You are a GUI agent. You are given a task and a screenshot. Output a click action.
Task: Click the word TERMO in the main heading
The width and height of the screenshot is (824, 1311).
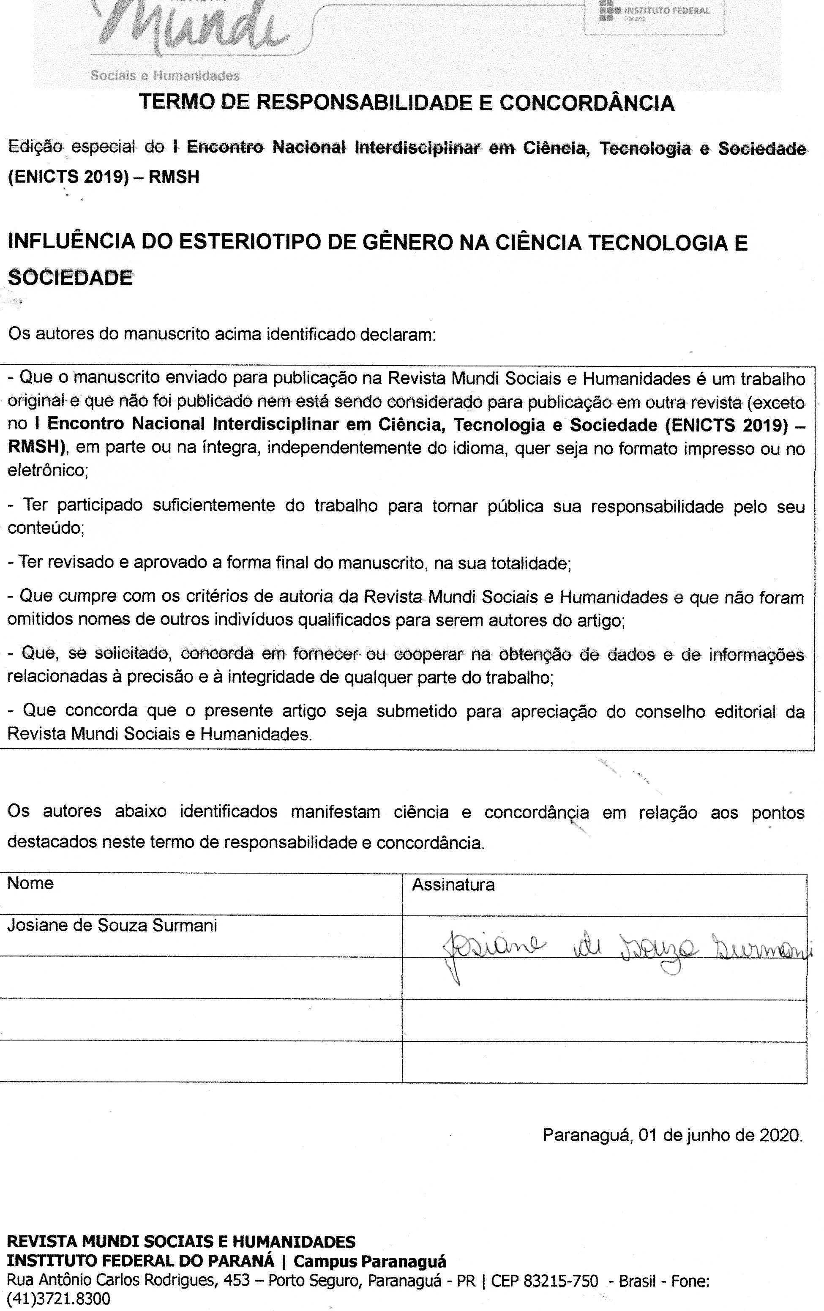pos(176,102)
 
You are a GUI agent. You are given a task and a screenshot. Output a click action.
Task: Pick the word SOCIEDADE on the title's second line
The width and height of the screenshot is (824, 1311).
pos(70,278)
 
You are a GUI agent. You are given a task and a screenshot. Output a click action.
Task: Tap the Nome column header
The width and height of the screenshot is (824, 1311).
pos(30,883)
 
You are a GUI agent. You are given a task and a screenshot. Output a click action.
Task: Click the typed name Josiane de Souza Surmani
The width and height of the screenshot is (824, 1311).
pos(112,926)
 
